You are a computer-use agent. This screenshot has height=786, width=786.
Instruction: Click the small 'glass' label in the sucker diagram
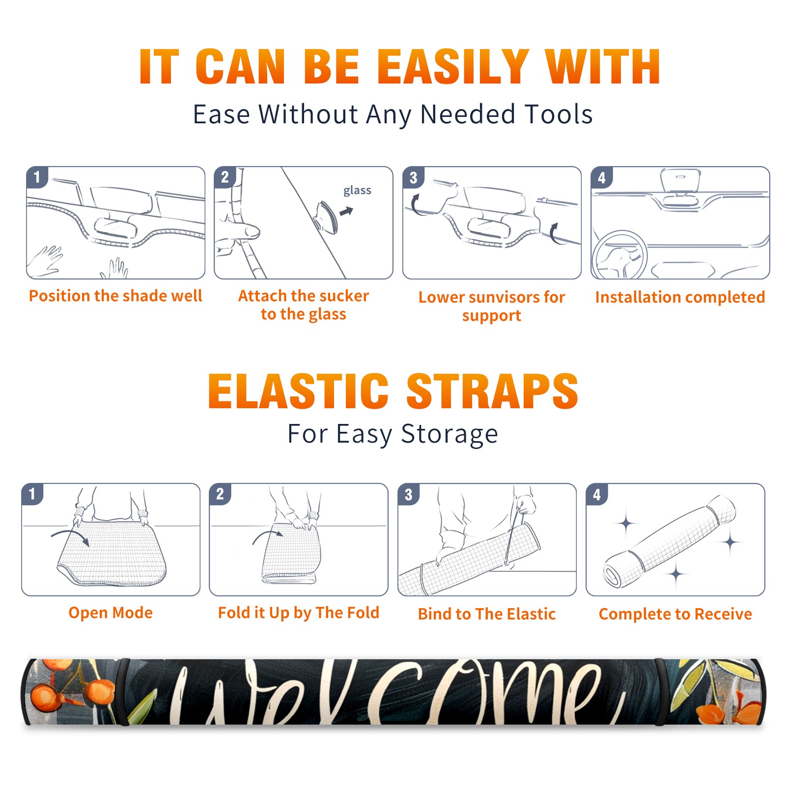click(x=357, y=190)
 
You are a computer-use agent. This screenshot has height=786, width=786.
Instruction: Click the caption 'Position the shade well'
click(x=115, y=296)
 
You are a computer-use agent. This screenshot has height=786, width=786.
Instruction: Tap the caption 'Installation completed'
click(x=680, y=297)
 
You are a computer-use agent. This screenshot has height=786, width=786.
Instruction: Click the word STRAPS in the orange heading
click(x=492, y=391)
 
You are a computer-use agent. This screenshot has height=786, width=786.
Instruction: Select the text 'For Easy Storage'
click(x=393, y=434)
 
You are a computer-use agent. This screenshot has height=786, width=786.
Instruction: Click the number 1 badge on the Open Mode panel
click(x=32, y=494)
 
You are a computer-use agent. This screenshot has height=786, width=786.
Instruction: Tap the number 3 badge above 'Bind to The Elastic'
click(x=409, y=494)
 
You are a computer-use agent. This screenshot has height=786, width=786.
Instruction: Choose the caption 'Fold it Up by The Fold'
click(x=299, y=613)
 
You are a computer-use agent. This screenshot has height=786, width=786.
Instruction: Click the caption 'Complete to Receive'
click(x=675, y=614)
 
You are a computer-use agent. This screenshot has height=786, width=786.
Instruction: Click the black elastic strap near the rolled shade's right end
click(x=659, y=692)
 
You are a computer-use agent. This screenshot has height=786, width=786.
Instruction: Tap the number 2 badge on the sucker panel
click(x=225, y=177)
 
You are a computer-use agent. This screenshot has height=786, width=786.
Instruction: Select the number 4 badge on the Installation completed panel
click(x=602, y=177)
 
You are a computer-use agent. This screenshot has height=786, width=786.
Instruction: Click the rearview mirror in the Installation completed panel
click(x=680, y=180)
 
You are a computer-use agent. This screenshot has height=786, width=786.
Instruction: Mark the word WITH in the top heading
click(x=602, y=67)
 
